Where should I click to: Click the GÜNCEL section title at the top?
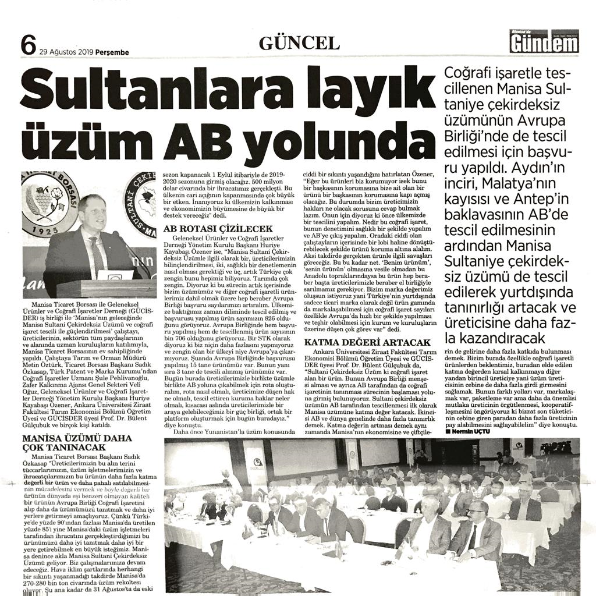pos(299,43)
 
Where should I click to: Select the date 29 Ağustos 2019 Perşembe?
pos(84,52)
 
